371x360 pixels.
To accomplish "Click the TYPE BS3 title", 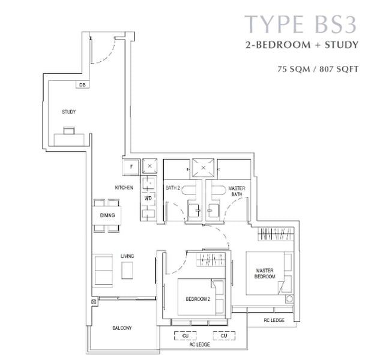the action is coord(301,24).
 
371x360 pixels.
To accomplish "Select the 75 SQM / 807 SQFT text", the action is coord(318,69).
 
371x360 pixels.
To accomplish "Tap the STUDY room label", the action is coord(68,112).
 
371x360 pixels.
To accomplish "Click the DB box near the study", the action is coord(82,85).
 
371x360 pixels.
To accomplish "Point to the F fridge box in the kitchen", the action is coord(131,167).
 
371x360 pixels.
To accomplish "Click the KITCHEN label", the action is coord(124,188).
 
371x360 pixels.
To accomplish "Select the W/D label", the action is coord(148,198).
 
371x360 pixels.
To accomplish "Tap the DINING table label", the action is coord(107,215).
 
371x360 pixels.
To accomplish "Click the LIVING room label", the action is coord(127,256).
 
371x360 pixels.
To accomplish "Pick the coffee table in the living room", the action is coord(127,271).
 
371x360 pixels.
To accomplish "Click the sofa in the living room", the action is coord(103,271).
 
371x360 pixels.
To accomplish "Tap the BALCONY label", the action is coord(122,328).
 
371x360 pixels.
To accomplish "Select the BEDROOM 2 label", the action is coord(198,299).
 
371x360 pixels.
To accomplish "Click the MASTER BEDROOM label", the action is coord(265,274).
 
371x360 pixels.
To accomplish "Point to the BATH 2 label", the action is coord(173,188).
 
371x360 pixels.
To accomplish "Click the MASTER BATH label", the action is coord(237,191).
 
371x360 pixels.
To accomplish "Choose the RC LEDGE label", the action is coord(274,320).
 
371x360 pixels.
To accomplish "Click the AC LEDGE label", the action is coord(200,344).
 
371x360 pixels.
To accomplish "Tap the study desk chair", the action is coord(69,131).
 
